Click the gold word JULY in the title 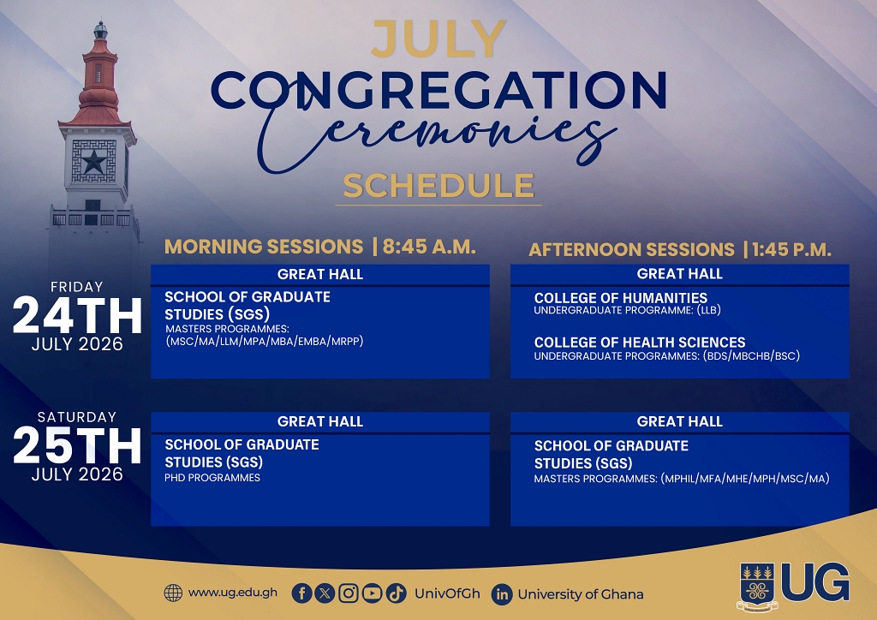438,39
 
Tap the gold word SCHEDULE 438,186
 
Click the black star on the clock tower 94,162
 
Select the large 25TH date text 77,445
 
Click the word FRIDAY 76,287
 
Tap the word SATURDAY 76,417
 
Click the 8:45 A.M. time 429,247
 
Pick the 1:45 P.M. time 791,249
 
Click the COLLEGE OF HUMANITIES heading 620,297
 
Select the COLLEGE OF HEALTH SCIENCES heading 639,343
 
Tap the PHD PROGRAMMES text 212,478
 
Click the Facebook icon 301,593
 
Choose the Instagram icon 349,593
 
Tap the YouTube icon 372,593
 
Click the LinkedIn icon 502,594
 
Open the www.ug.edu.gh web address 233,593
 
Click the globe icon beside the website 173,593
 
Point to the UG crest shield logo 757,586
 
